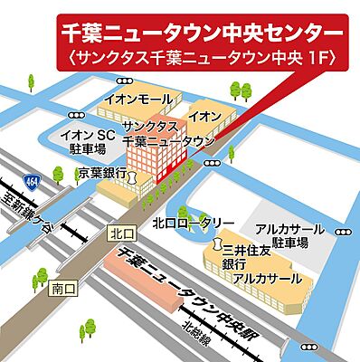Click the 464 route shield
(32, 181)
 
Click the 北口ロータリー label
(194, 223)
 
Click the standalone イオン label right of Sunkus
(204, 116)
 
